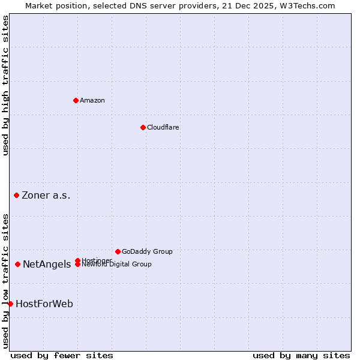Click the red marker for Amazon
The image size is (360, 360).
coord(76,100)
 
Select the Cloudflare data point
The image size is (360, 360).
coord(143,127)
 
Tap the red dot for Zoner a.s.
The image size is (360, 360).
coord(16,195)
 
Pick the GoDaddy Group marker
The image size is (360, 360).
coord(118,251)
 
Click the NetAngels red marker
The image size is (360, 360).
coord(17,264)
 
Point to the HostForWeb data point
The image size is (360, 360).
coord(10,304)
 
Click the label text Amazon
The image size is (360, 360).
coord(92,100)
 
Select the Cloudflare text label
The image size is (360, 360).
coord(163,127)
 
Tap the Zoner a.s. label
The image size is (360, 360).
coord(46,195)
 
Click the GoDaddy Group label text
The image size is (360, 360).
coord(146,251)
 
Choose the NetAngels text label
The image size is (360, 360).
coord(47,264)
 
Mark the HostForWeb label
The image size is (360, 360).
coord(44,304)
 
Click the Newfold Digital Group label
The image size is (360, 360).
coord(116,265)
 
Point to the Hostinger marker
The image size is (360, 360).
coord(78,260)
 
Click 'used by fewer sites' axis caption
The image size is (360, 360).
coord(62,355)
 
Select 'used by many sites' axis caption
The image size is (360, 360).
coord(301,355)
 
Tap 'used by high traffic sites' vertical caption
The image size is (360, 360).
coord(5,85)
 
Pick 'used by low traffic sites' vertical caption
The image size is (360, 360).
coord(5,280)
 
